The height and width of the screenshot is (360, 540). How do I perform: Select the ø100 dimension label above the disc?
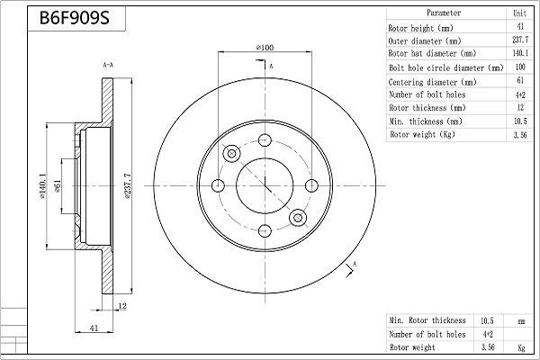click(x=265, y=46)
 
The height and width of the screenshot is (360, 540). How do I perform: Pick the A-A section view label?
click(x=108, y=65)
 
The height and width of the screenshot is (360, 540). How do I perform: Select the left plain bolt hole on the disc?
click(x=219, y=185)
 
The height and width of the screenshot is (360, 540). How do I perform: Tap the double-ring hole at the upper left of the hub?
click(x=232, y=154)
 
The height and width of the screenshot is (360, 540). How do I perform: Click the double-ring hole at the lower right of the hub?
click(x=297, y=217)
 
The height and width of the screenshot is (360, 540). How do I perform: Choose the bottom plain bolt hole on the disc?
click(x=265, y=231)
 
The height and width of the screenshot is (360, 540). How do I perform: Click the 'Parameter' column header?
click(x=444, y=14)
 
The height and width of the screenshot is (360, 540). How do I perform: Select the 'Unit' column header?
click(x=519, y=14)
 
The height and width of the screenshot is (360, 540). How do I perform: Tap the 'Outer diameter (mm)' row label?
click(x=425, y=40)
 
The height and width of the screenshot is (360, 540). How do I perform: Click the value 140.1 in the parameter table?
click(x=519, y=54)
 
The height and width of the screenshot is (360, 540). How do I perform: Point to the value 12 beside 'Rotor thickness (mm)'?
click(x=519, y=108)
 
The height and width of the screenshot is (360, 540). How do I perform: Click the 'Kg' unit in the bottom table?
click(x=519, y=346)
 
